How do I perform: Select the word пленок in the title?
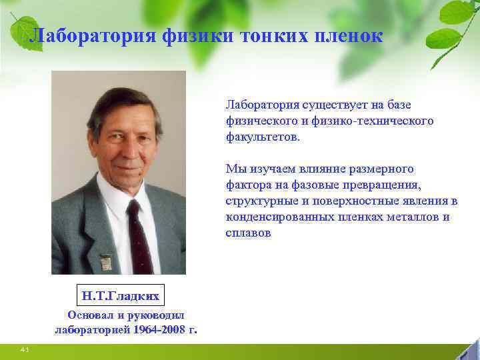[x=349, y=36]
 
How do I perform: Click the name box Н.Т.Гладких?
[x=121, y=294]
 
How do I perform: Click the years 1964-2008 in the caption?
[x=159, y=329]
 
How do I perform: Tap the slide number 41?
[x=25, y=349]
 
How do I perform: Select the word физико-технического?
[x=377, y=121]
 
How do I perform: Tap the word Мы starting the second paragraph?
[x=235, y=168]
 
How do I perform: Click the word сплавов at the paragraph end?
[x=248, y=233]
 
